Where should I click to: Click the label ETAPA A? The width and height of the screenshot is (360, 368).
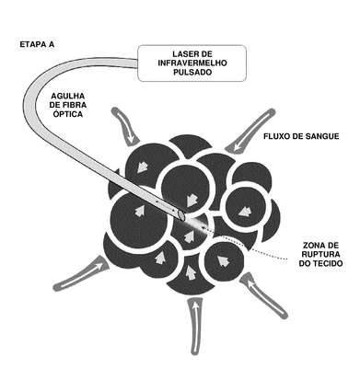point(37,44)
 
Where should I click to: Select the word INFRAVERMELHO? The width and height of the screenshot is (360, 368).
point(192,63)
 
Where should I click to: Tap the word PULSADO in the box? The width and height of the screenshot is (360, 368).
point(192,73)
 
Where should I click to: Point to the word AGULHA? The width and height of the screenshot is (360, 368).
point(68,97)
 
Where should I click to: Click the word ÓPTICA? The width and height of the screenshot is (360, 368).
point(68,114)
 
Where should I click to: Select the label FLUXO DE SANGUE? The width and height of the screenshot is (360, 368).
point(301,136)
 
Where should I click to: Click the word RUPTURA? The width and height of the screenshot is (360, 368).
point(321,254)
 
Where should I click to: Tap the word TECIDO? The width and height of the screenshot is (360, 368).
point(328,263)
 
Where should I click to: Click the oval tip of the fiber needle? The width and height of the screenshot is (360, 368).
point(181,215)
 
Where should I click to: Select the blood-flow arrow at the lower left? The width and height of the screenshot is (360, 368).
point(81,273)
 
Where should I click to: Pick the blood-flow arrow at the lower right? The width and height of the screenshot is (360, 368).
point(264,295)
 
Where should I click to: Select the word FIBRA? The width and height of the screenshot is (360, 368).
point(76,105)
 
